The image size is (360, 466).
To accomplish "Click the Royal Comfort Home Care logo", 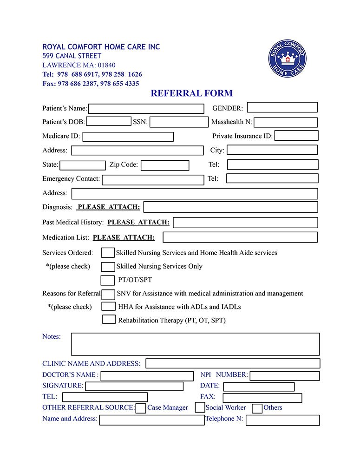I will [x=287, y=59].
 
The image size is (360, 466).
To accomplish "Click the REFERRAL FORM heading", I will [x=191, y=93].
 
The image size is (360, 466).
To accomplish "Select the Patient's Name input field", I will [x=146, y=109].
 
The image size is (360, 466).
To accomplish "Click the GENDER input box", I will [x=282, y=108].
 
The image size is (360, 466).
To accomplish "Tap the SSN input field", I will [x=179, y=122].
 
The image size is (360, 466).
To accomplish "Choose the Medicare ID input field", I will [x=128, y=137].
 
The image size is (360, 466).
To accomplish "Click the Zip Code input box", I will [x=165, y=165].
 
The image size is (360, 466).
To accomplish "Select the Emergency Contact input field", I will [x=153, y=180].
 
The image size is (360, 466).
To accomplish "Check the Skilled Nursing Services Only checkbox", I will [x=108, y=267].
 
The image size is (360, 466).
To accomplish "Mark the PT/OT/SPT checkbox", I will [x=107, y=280].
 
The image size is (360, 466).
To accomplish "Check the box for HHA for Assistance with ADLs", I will [x=109, y=307].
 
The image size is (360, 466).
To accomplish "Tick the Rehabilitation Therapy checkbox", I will [x=109, y=320].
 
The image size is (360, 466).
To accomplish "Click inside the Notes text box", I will [x=195, y=344].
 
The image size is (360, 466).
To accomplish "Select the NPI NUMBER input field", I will [x=284, y=376].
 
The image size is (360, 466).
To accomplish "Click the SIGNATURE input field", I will [x=134, y=387].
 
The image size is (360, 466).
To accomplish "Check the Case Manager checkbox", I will [x=140, y=408].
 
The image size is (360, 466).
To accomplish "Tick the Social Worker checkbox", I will [x=200, y=407].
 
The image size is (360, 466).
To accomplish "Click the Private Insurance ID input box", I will [x=296, y=136].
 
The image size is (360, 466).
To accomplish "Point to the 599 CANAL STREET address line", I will [x=72, y=56].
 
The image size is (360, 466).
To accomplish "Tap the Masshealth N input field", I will [x=285, y=123].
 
